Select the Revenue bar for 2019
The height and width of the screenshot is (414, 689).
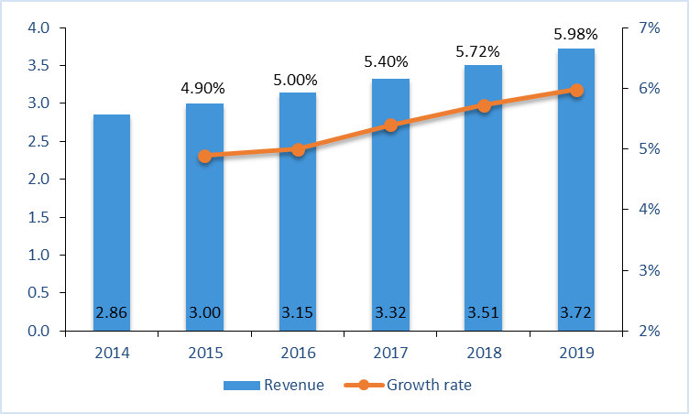click(x=576, y=183)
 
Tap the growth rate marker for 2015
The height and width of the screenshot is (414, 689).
click(x=205, y=156)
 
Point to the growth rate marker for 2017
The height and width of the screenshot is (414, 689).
click(x=390, y=125)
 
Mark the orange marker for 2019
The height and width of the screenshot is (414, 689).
click(x=576, y=90)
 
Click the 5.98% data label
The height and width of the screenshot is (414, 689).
click(x=576, y=36)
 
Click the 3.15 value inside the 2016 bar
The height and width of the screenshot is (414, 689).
click(x=298, y=313)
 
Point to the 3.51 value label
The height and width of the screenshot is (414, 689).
click(x=484, y=313)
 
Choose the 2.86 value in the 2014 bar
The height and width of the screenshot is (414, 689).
click(x=112, y=313)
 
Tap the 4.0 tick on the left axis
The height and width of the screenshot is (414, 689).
click(x=38, y=27)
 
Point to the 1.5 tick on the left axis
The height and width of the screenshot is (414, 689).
click(x=38, y=217)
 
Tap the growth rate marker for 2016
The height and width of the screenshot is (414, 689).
click(x=298, y=148)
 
